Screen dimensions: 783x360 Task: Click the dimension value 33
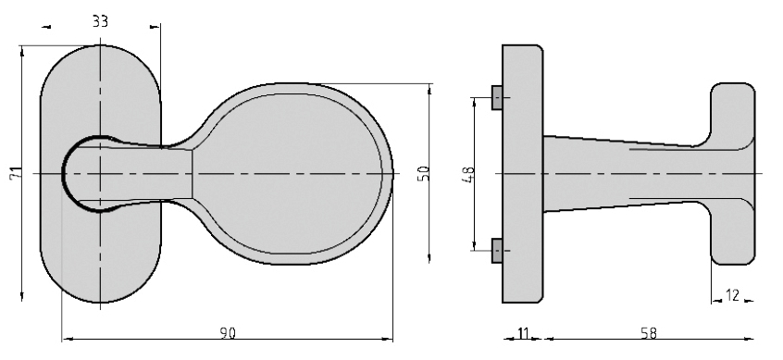click(x=100, y=21)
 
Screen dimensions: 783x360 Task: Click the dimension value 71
click(x=16, y=173)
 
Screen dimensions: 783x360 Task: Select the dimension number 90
click(x=228, y=333)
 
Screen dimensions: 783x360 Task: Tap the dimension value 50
click(x=424, y=173)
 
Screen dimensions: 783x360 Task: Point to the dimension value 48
click(x=469, y=174)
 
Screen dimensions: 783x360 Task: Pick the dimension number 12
click(x=732, y=295)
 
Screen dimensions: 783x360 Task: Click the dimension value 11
click(x=523, y=333)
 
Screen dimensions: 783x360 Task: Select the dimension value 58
click(x=649, y=333)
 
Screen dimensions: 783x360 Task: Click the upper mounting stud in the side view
click(x=497, y=97)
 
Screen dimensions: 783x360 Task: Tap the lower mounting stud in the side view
click(x=497, y=250)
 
